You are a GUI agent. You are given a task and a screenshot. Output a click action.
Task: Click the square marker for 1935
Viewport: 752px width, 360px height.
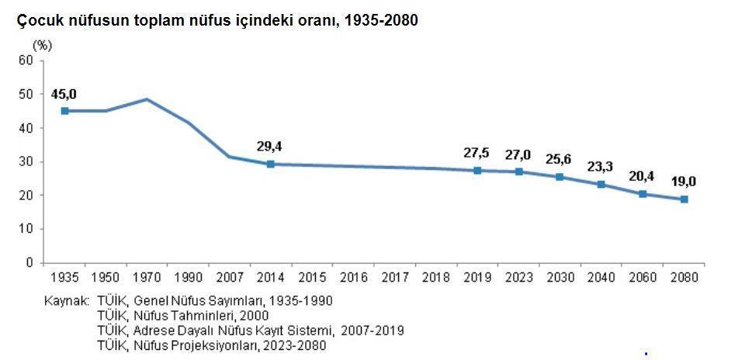[x=64, y=111]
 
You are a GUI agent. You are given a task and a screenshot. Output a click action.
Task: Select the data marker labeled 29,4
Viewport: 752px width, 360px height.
[x=271, y=164]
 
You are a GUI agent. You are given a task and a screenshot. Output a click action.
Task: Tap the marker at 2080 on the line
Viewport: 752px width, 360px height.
[x=684, y=199]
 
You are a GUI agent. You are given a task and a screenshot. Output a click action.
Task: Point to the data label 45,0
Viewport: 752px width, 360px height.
[x=64, y=94]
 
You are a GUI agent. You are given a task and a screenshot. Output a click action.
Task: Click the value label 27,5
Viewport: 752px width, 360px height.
[x=476, y=154]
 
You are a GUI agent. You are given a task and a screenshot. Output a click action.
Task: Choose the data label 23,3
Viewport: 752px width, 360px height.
[x=601, y=167]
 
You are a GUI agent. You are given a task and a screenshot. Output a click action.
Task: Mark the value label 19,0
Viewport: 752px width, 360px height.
[x=684, y=182]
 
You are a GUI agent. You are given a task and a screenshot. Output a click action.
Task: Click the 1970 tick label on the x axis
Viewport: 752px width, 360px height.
[x=147, y=277]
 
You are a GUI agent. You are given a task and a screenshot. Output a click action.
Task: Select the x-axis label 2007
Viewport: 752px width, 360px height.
[x=229, y=277]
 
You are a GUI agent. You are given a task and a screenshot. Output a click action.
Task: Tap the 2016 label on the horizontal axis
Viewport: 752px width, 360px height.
[x=353, y=277]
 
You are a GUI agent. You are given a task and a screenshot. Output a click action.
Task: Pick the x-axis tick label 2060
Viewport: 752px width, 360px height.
[x=643, y=277]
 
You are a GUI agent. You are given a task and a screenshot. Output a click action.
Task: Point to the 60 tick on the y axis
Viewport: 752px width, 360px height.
[x=26, y=60]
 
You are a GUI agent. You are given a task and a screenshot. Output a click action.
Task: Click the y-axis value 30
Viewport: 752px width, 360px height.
[x=26, y=161]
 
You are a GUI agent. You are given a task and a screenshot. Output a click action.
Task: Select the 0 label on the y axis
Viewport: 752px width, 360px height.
[x=29, y=263]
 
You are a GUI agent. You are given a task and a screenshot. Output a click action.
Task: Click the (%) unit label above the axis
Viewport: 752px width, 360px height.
[x=42, y=46]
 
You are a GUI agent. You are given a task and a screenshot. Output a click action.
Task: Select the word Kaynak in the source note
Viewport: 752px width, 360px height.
[x=65, y=300]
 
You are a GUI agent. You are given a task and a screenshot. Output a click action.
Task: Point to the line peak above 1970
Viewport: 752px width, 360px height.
[x=147, y=99]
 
